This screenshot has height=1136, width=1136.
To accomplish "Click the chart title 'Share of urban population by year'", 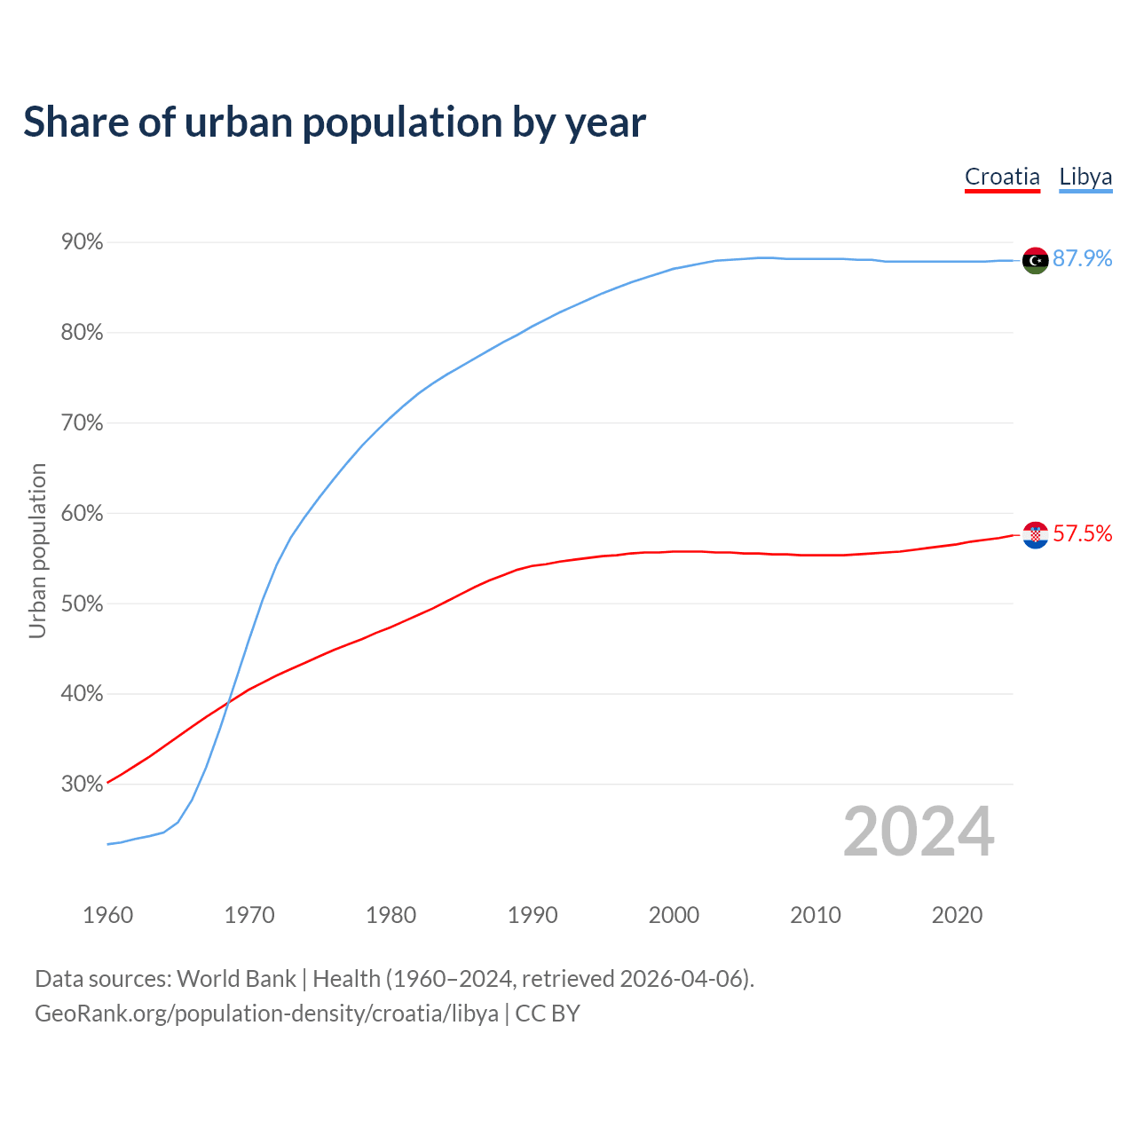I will [x=335, y=122].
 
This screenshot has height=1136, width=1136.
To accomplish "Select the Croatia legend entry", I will [x=1002, y=177].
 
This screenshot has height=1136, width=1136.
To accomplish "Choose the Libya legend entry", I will [x=1085, y=177].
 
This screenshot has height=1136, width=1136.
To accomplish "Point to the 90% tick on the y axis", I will [x=83, y=242].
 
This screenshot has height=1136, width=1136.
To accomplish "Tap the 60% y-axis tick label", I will [x=83, y=514].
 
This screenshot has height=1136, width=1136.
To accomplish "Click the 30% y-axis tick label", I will [x=83, y=785].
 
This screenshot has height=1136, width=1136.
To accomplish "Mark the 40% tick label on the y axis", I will [x=83, y=694].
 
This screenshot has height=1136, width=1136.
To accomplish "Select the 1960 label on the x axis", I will [x=107, y=915].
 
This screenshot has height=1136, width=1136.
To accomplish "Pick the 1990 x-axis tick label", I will [x=532, y=915].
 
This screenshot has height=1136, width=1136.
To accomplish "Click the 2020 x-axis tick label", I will [x=957, y=915].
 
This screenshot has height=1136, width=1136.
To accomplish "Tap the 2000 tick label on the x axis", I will [x=674, y=915].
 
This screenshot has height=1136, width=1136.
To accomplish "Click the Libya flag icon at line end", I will [x=1035, y=260].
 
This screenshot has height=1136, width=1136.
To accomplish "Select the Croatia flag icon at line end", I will [x=1035, y=535].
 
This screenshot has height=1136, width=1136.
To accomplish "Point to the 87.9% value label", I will [x=1083, y=258].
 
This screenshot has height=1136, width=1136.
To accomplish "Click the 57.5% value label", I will [x=1083, y=533].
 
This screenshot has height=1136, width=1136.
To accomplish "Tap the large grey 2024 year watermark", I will [x=919, y=832].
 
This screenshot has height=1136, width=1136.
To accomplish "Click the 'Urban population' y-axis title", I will [x=37, y=550].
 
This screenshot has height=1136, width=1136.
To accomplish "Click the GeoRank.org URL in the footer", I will [x=266, y=1014].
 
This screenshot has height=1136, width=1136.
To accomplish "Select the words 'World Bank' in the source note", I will [x=236, y=979].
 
